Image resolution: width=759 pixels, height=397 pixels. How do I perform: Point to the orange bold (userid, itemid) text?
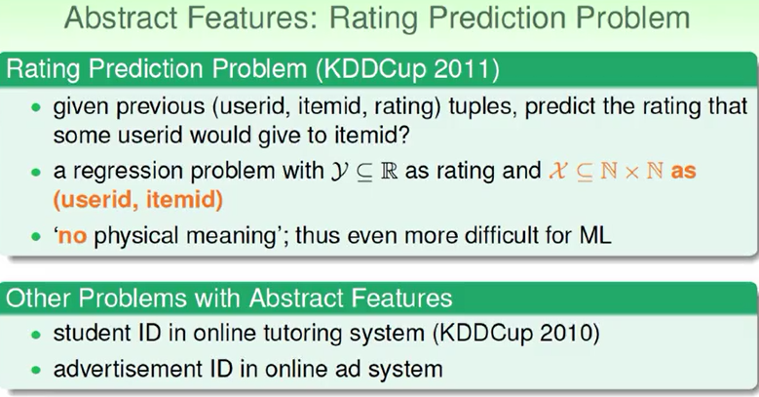click(x=138, y=200)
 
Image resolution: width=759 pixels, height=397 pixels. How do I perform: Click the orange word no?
click(x=73, y=236)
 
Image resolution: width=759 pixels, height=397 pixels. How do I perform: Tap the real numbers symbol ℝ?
click(x=389, y=171)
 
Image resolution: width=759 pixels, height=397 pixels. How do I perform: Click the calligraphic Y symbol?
click(x=339, y=172)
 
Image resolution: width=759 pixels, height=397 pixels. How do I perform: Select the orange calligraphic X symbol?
click(x=558, y=171)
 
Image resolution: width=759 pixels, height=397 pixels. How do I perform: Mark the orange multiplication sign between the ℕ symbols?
click(x=631, y=172)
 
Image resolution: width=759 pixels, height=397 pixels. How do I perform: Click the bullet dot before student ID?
click(x=36, y=334)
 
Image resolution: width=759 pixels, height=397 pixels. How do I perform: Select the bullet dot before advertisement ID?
click(x=36, y=370)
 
